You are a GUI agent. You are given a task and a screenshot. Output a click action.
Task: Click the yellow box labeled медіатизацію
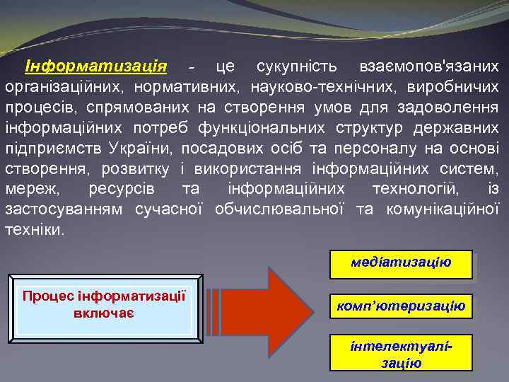[401, 263]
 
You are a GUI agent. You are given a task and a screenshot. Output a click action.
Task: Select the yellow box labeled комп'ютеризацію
[401, 306]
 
